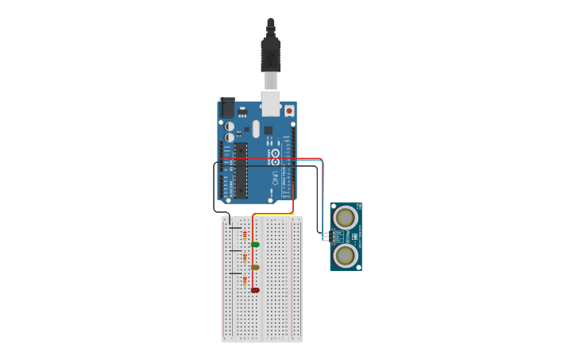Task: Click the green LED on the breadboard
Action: click(x=255, y=244)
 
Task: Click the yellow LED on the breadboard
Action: click(x=255, y=267)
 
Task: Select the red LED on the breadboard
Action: click(x=255, y=290)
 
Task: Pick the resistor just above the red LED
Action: click(x=245, y=280)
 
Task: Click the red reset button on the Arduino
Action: click(x=289, y=110)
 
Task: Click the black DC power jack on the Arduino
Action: click(x=227, y=106)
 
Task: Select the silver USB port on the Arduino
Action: click(x=271, y=103)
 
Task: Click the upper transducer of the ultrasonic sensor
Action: click(x=346, y=217)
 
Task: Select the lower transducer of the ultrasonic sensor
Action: click(x=346, y=255)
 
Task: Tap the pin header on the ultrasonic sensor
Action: click(x=325, y=236)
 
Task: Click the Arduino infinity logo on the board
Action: click(x=275, y=153)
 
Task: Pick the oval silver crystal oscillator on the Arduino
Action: click(x=257, y=128)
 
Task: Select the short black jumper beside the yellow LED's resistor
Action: click(x=235, y=251)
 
